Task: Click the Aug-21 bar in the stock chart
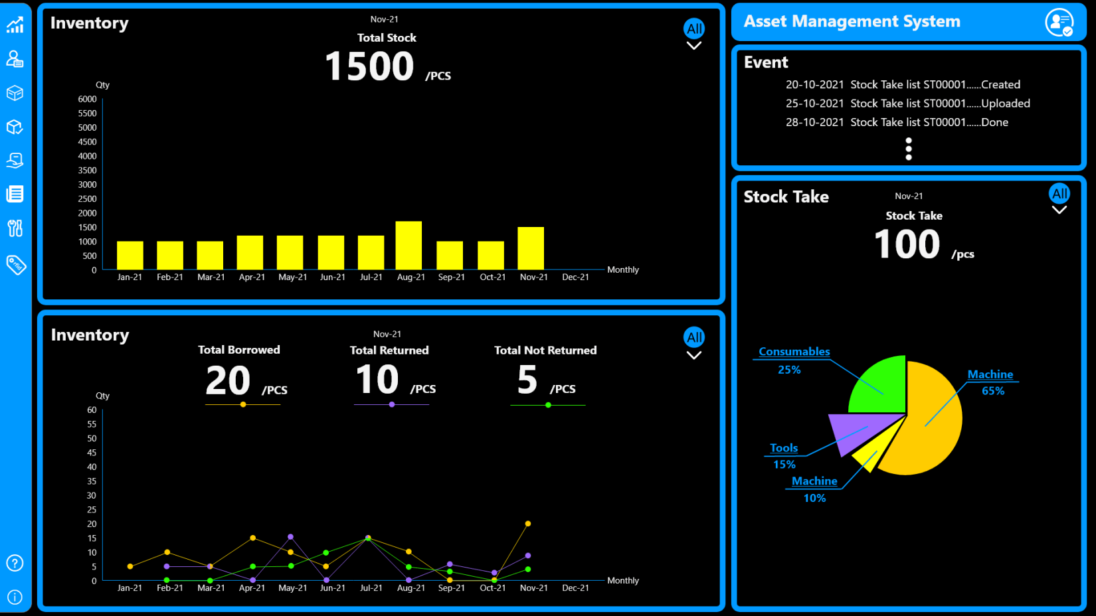409,245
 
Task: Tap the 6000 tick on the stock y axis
87,99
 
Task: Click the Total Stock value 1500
369,66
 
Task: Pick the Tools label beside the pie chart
784,448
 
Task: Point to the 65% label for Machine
993,391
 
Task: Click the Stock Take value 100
907,244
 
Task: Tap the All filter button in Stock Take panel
1059,194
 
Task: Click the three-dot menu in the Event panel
909,149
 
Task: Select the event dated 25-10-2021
907,104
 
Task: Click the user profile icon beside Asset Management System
1059,22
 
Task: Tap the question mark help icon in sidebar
15,564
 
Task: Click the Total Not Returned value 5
527,380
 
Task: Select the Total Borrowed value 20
228,380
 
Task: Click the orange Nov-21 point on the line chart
528,524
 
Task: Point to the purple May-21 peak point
290,536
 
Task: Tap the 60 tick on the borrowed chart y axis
92,410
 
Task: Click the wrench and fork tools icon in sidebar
15,228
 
